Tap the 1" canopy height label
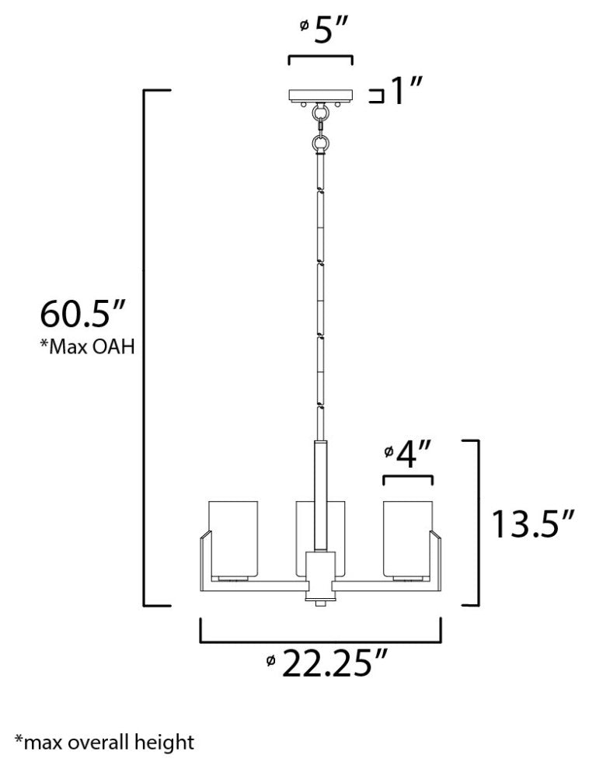(405, 95)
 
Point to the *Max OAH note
(86, 346)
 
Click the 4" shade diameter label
(410, 455)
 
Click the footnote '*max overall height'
(103, 742)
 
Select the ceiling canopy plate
(320, 96)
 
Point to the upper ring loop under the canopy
(320, 114)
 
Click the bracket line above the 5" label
(320, 57)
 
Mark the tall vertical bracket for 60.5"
(145, 347)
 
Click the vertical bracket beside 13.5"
(476, 522)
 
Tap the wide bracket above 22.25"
(321, 641)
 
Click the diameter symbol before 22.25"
(270, 661)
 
